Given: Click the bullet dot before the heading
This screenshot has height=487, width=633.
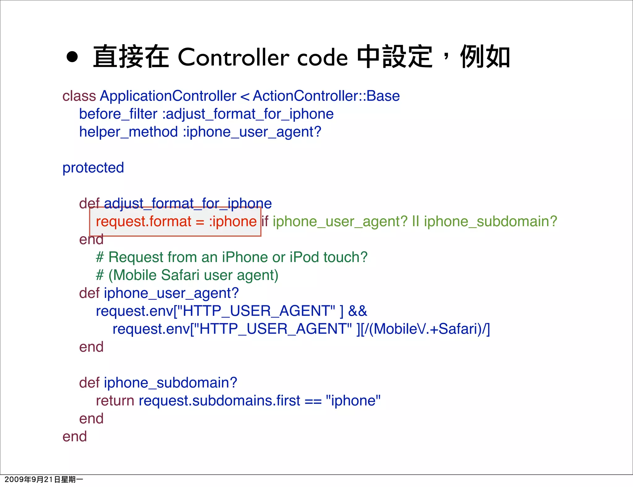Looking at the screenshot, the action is point(72,57).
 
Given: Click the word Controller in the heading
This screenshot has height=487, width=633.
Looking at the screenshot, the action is point(233,57).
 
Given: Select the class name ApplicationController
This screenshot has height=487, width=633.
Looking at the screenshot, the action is point(168,96).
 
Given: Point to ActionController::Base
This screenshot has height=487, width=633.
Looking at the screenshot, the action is point(326,96).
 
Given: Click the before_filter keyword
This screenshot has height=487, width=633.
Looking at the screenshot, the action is point(118,114).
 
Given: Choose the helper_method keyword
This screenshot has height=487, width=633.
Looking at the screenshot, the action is point(128,132).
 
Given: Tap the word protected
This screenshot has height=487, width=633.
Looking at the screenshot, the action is point(93,168).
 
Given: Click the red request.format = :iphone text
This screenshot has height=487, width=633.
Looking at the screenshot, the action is point(176,222).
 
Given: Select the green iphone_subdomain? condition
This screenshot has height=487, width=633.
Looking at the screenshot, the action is point(490,222).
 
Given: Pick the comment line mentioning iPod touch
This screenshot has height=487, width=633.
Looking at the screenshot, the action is point(232,257).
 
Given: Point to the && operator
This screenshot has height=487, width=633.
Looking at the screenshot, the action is point(357,311).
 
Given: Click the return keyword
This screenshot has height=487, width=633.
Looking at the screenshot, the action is point(115,401).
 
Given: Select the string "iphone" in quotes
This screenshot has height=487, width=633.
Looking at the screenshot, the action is point(353,401).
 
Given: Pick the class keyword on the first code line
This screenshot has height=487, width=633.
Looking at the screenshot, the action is point(79,96).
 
